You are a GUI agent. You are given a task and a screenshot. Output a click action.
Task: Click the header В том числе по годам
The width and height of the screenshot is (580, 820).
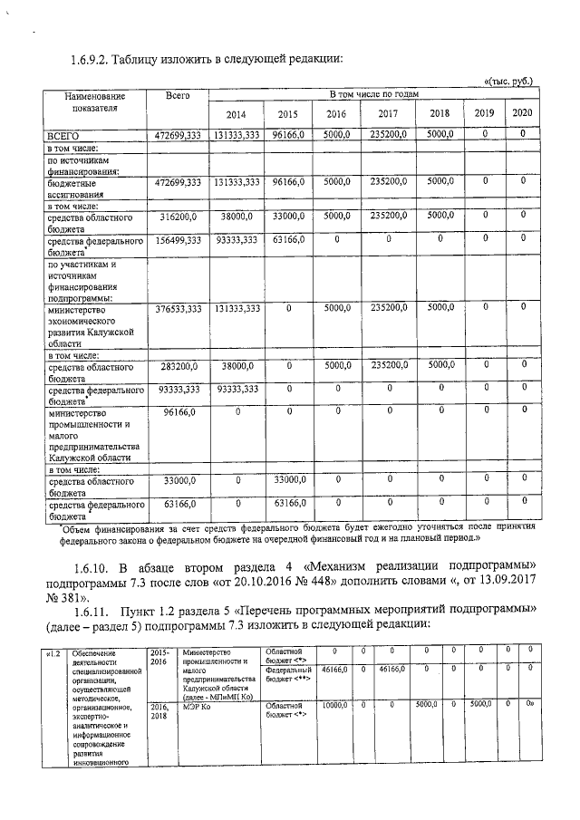372,94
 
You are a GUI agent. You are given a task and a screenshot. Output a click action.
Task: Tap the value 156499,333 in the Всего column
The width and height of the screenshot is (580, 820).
178,240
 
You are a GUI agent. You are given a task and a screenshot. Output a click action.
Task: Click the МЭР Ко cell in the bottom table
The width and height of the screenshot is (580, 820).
196,704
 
